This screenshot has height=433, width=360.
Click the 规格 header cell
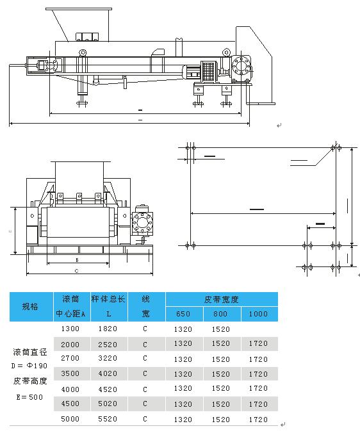tap(30, 306)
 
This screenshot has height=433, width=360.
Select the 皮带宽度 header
tap(222, 298)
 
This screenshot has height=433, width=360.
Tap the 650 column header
tap(183, 314)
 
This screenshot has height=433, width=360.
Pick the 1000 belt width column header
tap(259, 314)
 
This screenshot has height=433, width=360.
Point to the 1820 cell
tap(108, 329)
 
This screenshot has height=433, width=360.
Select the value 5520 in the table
tap(108, 420)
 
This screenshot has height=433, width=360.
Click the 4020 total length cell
tap(108, 374)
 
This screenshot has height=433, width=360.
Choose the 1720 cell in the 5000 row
tap(258, 420)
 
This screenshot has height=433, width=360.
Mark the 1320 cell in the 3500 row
tap(183, 374)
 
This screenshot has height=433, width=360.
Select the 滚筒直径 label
tap(29, 352)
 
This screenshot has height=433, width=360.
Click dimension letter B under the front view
tap(77, 260)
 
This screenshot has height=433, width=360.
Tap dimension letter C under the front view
tap(77, 271)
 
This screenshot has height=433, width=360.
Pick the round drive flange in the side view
tap(241, 67)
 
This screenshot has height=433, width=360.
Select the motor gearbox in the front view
tap(142, 224)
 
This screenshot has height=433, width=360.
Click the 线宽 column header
tap(145, 306)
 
